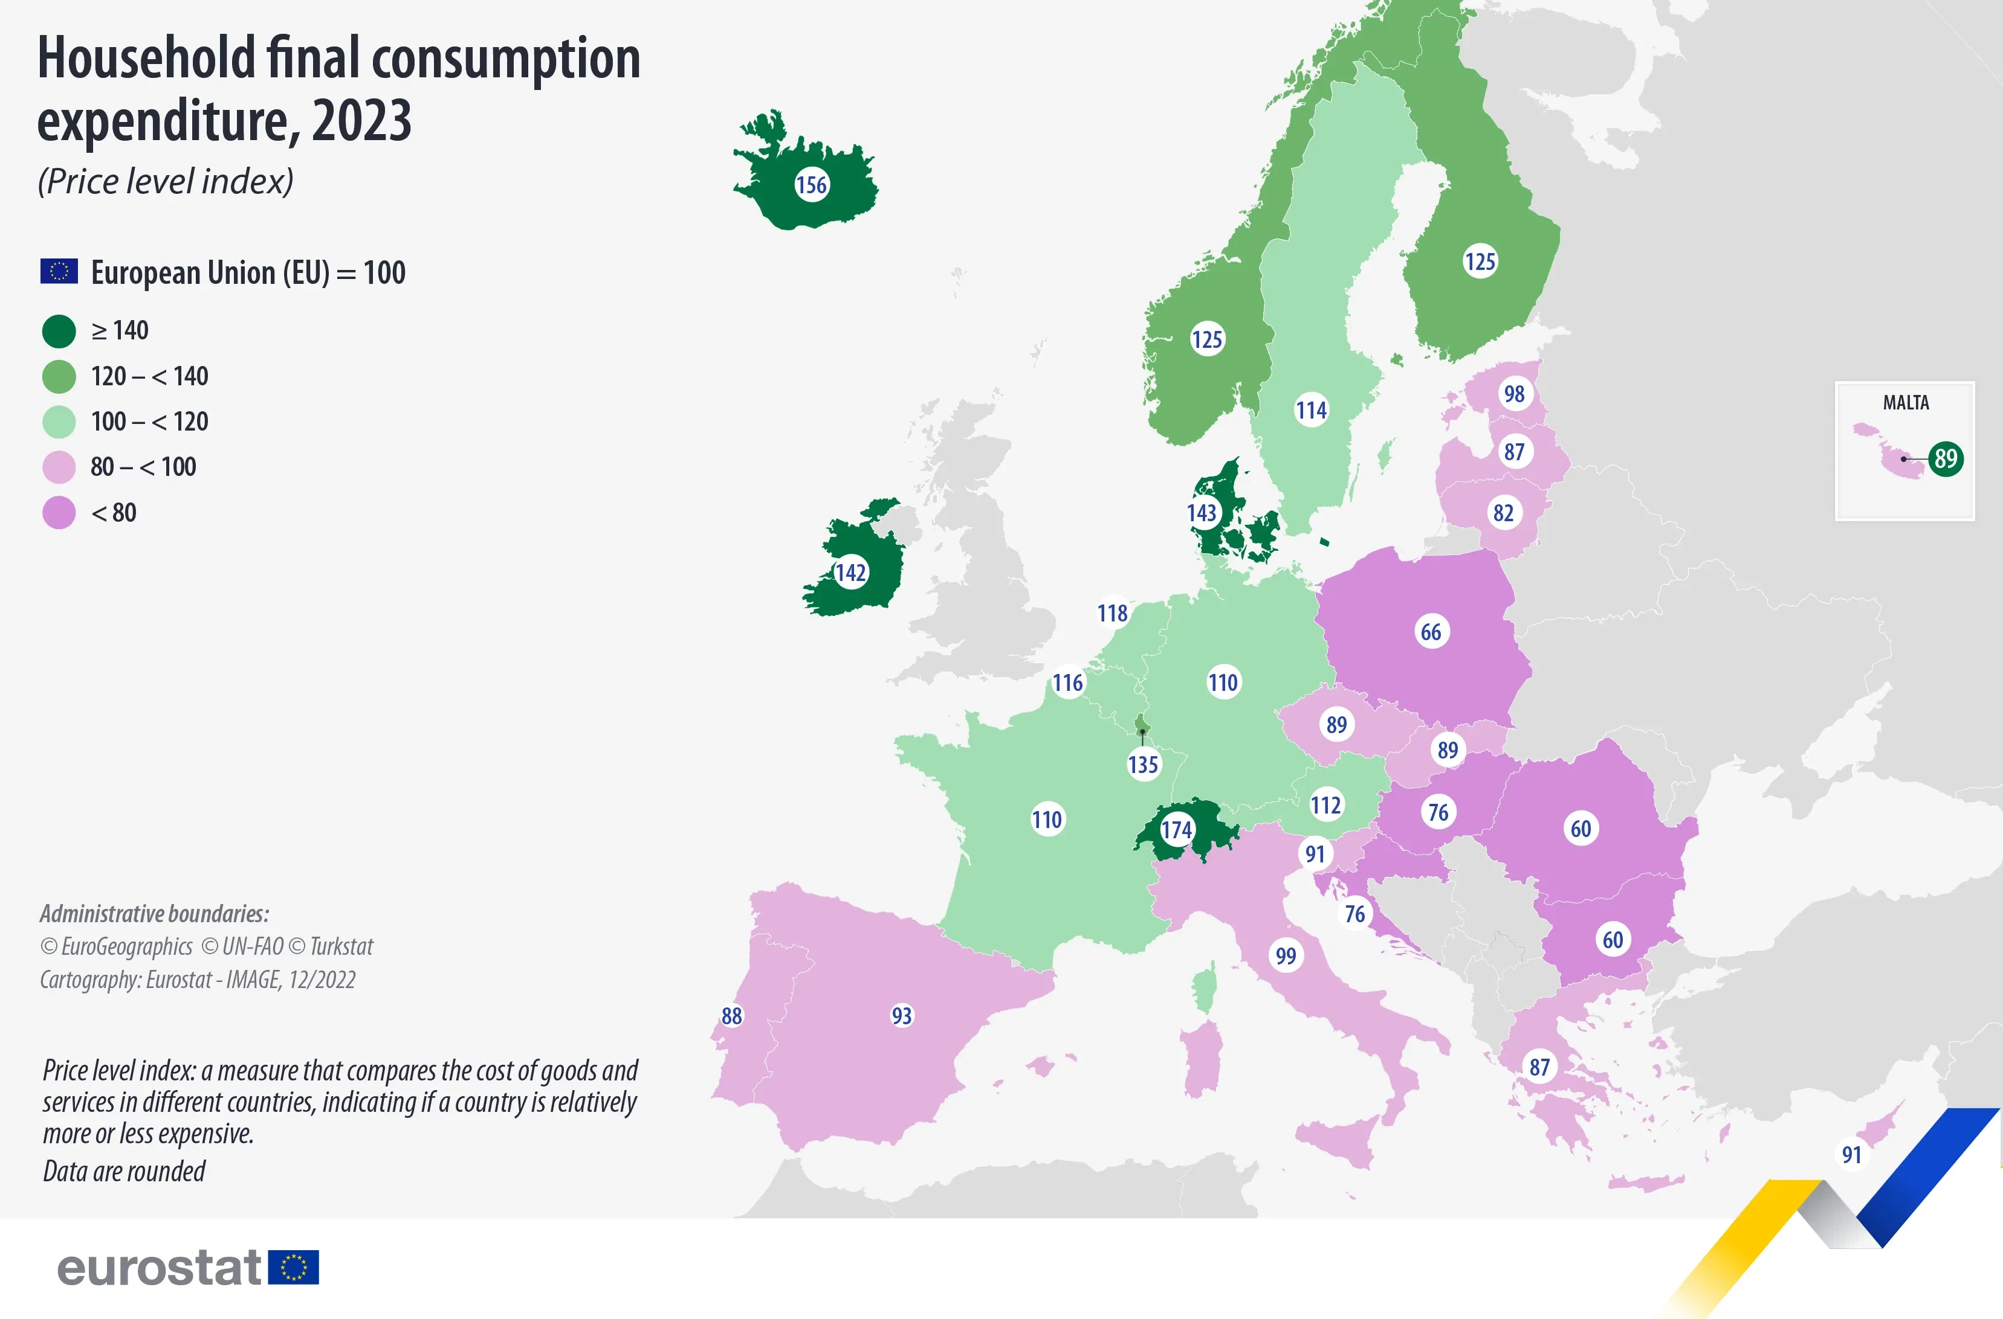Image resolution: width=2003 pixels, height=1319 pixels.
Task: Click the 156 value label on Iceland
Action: [x=811, y=184]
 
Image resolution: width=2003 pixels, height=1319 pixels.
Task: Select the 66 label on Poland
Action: [x=1431, y=632]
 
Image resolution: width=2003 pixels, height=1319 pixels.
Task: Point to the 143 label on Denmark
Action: [x=1202, y=512]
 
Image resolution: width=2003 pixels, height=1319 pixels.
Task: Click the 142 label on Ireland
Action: [x=850, y=573]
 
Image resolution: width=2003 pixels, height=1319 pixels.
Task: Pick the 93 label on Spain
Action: [x=901, y=1015]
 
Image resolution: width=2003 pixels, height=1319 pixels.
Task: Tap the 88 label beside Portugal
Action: [x=731, y=1015]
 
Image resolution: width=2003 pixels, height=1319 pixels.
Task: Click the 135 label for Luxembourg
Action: [x=1143, y=765]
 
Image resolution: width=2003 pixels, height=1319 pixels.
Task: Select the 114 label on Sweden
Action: [x=1310, y=411]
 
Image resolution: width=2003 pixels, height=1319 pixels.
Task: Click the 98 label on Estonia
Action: [x=1514, y=394]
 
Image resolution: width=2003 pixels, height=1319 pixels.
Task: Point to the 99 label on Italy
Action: [x=1285, y=955]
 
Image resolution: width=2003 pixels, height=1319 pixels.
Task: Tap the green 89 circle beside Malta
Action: [x=1946, y=458]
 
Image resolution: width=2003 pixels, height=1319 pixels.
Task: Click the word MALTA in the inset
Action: [x=1905, y=403]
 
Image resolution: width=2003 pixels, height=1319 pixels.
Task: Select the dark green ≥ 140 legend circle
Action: [x=59, y=330]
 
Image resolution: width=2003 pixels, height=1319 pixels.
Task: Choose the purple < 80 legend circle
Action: [x=59, y=512]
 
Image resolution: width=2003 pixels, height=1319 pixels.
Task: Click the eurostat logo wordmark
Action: [x=159, y=1268]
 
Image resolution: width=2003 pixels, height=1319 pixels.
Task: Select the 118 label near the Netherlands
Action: [x=1112, y=613]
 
